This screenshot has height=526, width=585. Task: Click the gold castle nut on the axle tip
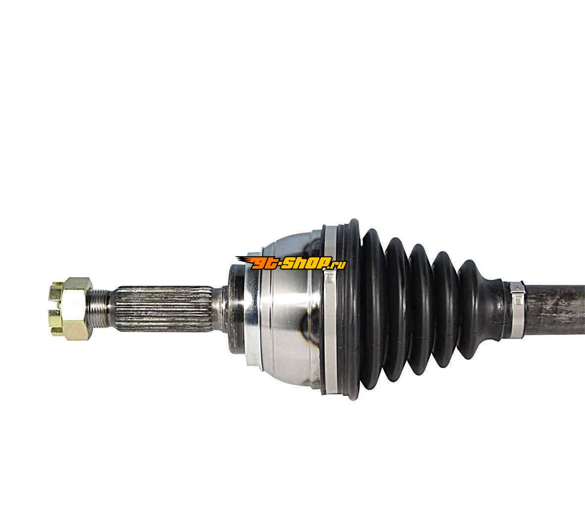[x=71, y=309]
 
